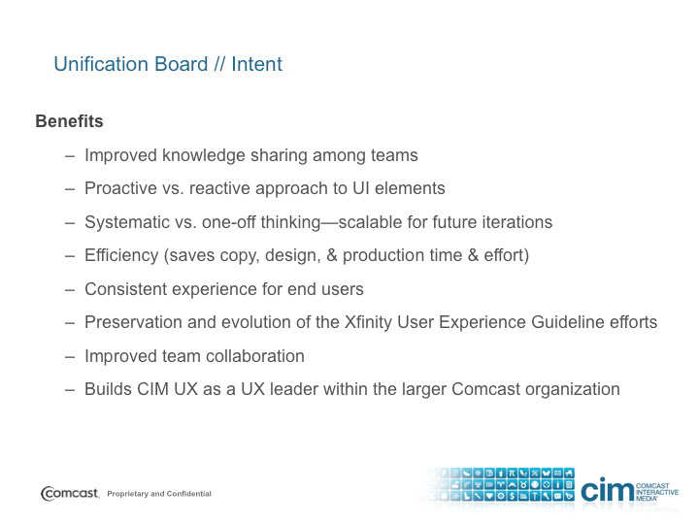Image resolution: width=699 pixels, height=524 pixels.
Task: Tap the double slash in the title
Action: (218, 64)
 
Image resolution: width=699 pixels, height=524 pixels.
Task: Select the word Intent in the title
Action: (256, 64)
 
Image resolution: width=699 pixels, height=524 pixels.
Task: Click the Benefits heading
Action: (69, 121)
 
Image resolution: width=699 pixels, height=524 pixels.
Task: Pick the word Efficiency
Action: (121, 255)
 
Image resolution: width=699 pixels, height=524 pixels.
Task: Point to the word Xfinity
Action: (368, 322)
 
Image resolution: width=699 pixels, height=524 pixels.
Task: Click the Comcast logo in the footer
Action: (70, 493)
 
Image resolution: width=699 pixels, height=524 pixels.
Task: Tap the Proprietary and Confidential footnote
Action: (159, 494)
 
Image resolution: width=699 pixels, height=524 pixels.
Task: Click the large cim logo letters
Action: (607, 489)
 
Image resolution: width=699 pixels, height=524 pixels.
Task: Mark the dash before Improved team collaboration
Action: (70, 357)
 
